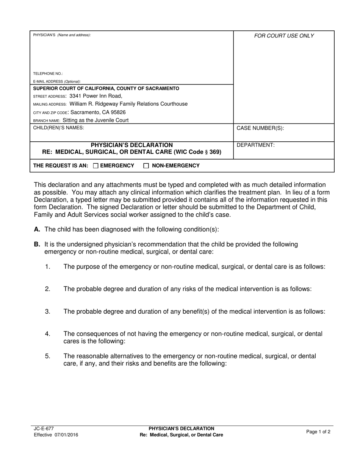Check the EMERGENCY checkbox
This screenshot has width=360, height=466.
click(95, 166)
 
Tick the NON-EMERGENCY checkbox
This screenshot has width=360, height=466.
click(146, 166)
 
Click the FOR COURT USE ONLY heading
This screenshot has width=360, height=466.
click(284, 36)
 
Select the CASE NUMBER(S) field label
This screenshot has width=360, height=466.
click(260, 128)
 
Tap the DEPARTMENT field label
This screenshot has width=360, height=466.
click(255, 145)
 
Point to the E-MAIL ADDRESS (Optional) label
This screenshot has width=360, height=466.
click(57, 81)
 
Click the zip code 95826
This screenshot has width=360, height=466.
click(116, 113)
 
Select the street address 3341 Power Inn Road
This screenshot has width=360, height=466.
click(96, 96)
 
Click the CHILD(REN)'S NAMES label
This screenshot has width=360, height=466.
click(58, 128)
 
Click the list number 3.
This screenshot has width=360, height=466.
click(48, 311)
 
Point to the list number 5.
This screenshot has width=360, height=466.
click(48, 356)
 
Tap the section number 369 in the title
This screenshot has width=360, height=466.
click(216, 152)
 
